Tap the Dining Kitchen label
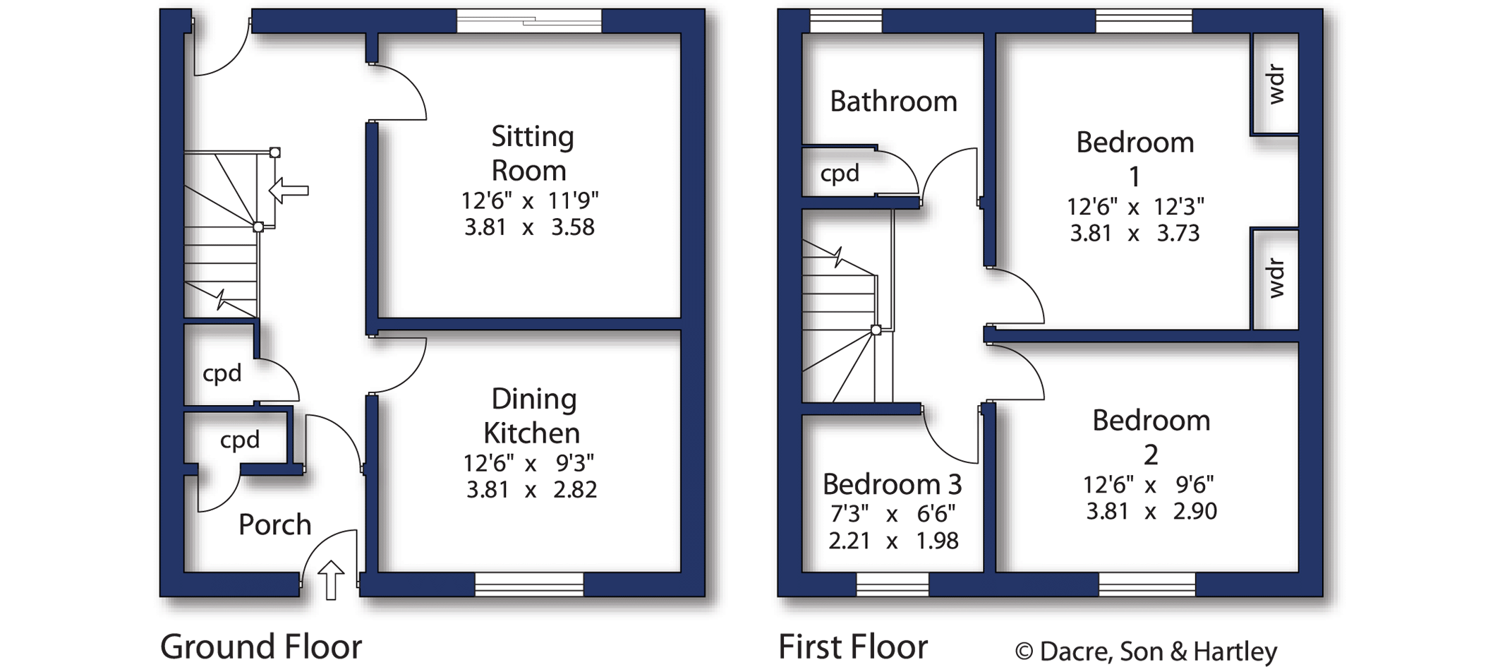coord(533,416)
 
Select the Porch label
coord(274,524)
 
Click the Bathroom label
coord(893,102)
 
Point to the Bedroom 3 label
coord(892,484)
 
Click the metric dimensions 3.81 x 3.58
coord(529,227)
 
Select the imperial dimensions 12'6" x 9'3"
coord(528,463)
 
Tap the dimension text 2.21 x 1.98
coord(893,541)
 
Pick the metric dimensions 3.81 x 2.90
coord(1151,511)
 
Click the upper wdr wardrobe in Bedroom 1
coord(1276,85)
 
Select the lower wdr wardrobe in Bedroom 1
coord(1276,278)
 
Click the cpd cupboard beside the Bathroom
coord(840,173)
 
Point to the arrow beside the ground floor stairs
coord(289,190)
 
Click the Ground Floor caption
coord(261,647)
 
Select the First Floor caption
coord(852,647)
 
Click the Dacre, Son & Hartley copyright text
coord(1146,651)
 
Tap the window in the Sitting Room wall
coord(529,21)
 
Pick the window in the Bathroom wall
coord(845,21)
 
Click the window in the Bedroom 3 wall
coord(892,584)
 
